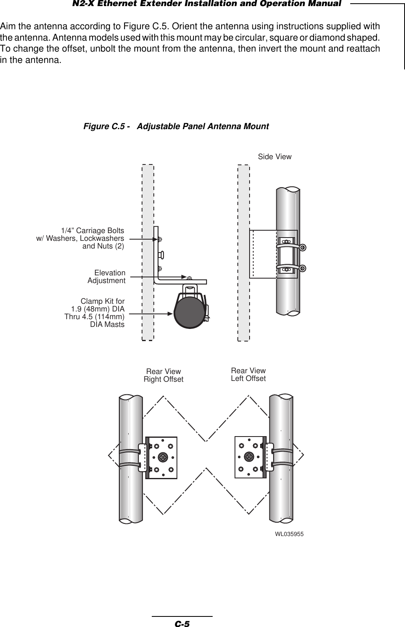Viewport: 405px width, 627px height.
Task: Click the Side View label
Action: click(x=275, y=157)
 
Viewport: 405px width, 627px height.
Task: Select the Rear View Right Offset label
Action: click(x=164, y=376)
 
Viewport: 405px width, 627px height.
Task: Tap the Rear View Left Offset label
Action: click(x=248, y=374)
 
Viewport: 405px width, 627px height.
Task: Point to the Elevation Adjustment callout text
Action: click(x=107, y=277)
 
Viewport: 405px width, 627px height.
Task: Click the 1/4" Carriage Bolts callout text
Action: click(x=80, y=238)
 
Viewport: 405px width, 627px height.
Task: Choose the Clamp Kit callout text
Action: click(x=95, y=313)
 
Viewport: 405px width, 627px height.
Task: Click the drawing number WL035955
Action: click(x=289, y=534)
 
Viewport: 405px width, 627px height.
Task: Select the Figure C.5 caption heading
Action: click(x=176, y=127)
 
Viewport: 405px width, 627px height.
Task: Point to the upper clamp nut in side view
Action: click(x=303, y=247)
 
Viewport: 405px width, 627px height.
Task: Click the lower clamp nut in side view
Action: click(x=303, y=268)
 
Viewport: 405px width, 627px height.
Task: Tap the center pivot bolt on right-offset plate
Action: click(x=163, y=456)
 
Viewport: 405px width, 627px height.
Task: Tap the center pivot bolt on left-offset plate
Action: click(x=249, y=456)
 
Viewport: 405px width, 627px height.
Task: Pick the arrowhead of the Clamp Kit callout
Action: click(x=172, y=313)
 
